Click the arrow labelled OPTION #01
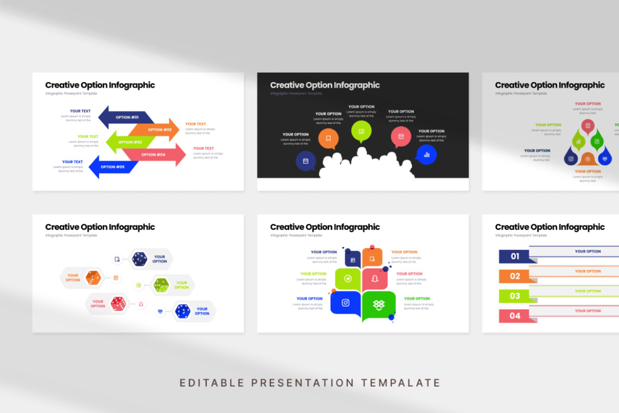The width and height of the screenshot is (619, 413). [x=126, y=117]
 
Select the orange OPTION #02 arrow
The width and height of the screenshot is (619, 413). [x=157, y=130]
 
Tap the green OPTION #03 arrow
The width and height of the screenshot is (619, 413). [x=129, y=142]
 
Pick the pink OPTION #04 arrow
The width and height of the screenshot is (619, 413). [x=155, y=154]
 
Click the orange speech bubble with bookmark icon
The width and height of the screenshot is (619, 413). [x=328, y=138]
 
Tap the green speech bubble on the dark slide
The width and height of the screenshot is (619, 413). [x=361, y=131]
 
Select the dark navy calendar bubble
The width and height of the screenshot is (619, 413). [x=305, y=161]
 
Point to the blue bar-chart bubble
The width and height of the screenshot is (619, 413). [x=427, y=154]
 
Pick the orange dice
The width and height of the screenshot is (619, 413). [x=93, y=278]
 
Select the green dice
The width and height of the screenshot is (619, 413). [x=161, y=284]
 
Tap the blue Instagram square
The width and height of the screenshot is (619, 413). [x=346, y=303]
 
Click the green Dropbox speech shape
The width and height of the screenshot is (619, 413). [x=379, y=305]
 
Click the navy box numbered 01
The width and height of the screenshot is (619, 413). [x=514, y=256]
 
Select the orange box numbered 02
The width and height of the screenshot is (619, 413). [x=514, y=276]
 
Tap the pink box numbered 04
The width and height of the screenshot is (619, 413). [x=514, y=315]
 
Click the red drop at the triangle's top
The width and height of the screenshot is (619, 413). [x=588, y=126]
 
